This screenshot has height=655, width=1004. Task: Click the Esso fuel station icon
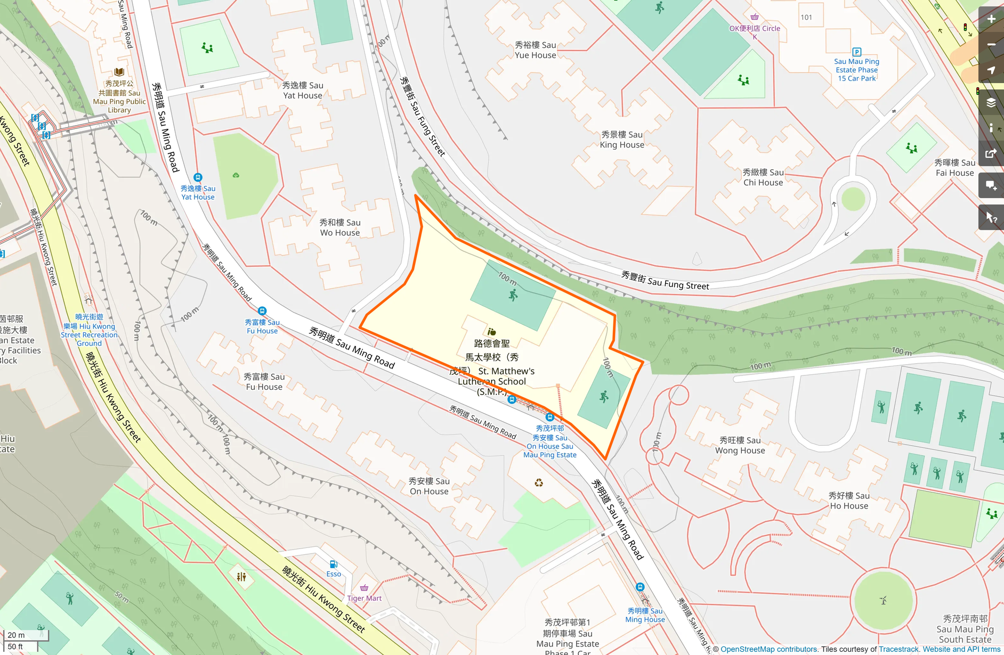[x=333, y=564]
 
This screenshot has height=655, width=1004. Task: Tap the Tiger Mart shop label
[x=365, y=598]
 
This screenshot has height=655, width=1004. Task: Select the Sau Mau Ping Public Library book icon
[x=119, y=72]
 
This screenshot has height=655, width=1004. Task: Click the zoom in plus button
[x=991, y=19]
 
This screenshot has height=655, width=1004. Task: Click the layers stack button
[x=991, y=103]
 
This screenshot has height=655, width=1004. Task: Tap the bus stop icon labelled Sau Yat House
[x=198, y=177]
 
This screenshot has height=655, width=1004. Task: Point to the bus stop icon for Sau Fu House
[x=262, y=311]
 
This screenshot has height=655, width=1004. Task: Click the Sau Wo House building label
[x=340, y=227]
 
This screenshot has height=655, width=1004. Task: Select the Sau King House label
[x=622, y=140]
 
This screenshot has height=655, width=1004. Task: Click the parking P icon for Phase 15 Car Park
[x=857, y=52]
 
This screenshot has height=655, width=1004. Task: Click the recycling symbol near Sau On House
[x=539, y=483]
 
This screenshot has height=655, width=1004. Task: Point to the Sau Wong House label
[x=740, y=445]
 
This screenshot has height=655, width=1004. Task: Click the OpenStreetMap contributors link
[x=768, y=649]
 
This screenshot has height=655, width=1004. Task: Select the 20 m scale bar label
[x=16, y=635]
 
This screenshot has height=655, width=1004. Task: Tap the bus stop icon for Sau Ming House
[x=640, y=587]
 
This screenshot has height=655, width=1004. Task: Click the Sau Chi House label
[x=763, y=177]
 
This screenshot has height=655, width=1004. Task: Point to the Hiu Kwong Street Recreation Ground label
[x=89, y=330]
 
